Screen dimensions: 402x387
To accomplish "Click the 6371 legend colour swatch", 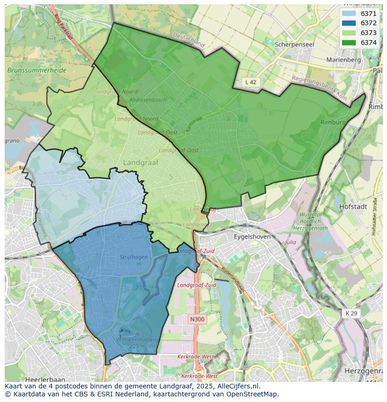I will (x=349, y=14).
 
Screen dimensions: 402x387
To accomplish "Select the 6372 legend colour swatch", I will (x=349, y=23).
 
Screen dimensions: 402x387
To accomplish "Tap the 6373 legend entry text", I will (x=368, y=33).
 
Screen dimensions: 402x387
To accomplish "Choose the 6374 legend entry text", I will (x=368, y=42).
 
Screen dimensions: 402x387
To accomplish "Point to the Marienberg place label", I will (x=344, y=60).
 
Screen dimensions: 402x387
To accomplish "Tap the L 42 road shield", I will (x=251, y=82).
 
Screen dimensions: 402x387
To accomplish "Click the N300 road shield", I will (x=197, y=319).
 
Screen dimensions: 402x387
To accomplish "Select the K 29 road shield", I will (x=351, y=313).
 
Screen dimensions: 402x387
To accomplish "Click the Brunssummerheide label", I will (x=37, y=71).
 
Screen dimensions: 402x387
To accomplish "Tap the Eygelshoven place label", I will (x=253, y=237).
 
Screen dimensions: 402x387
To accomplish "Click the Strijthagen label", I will (x=133, y=257).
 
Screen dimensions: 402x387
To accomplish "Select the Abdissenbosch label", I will (x=148, y=100).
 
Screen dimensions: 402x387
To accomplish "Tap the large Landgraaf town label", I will (x=141, y=162).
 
